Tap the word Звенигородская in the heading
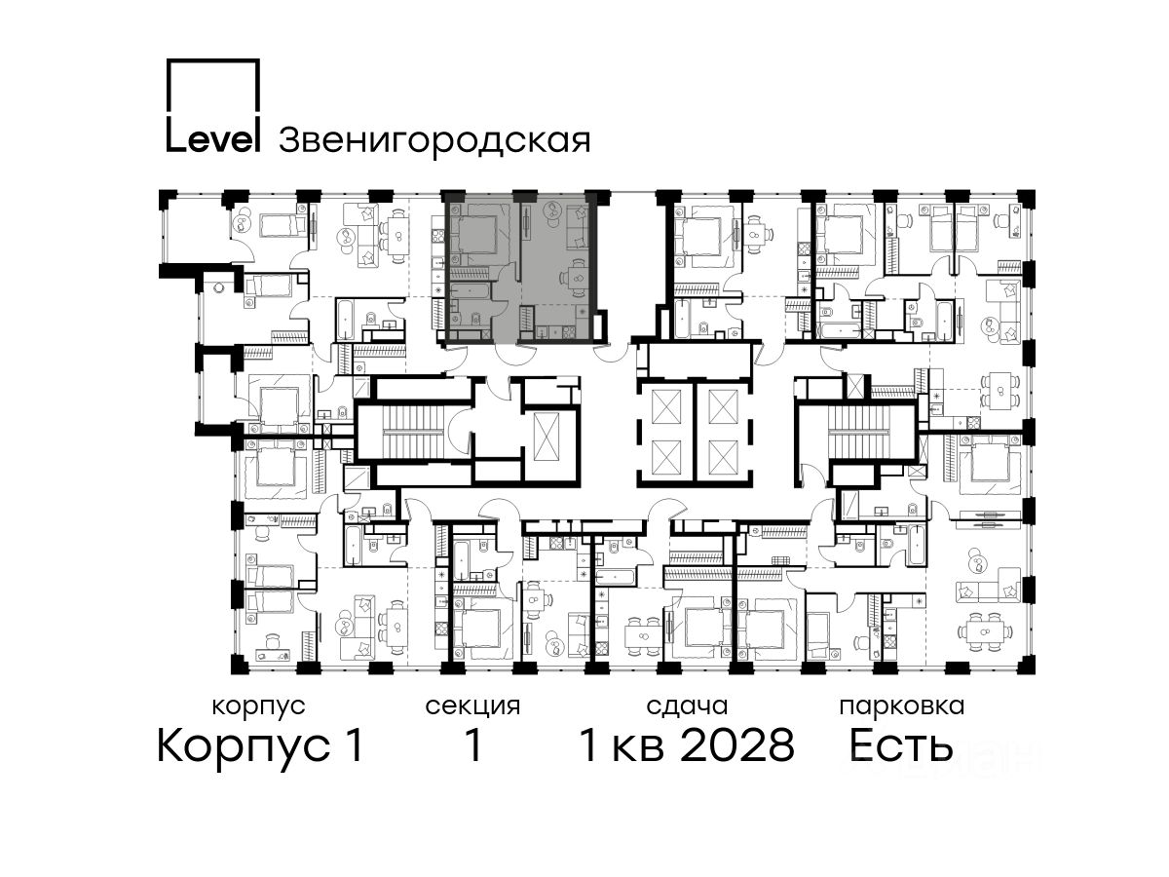coord(434,141)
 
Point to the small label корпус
coord(259,707)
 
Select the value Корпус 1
coord(260,746)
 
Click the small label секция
coord(472,707)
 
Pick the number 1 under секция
coord(472,745)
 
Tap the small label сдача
coord(687,707)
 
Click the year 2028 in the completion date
coord(737,745)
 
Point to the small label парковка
coord(902,707)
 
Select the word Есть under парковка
coord(900,745)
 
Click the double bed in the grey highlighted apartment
coord(477,235)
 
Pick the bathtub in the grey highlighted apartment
coord(471,290)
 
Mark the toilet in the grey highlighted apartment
coord(475,318)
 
